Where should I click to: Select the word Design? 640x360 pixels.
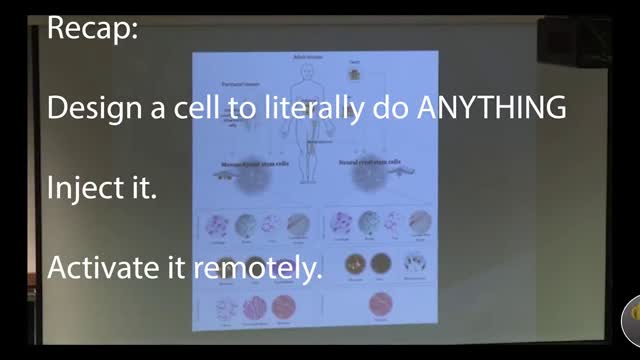[99, 109]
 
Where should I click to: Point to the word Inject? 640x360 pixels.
[88, 189]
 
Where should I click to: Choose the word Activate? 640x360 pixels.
[106, 268]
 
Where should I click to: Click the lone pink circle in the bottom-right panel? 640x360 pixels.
[380, 305]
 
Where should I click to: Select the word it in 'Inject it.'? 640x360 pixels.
[144, 189]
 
